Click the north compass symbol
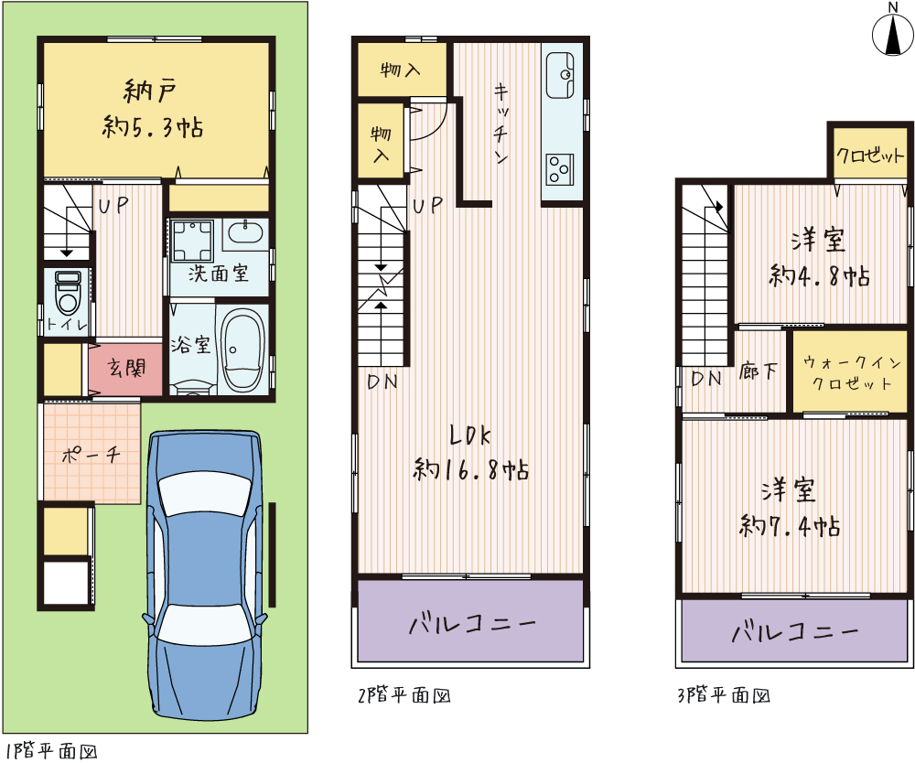click(x=893, y=34)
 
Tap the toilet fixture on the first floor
click(x=69, y=294)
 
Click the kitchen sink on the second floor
click(x=560, y=75)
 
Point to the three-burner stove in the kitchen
click(x=560, y=169)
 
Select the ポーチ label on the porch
click(x=91, y=455)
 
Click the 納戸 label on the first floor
click(x=150, y=91)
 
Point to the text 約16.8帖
click(x=471, y=469)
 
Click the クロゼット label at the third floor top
click(x=869, y=156)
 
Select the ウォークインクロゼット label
click(x=852, y=373)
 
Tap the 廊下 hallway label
click(x=758, y=371)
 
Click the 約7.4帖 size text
click(x=790, y=527)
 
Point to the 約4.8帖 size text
click(x=819, y=276)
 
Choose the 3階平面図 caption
click(x=724, y=695)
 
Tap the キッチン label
click(x=501, y=124)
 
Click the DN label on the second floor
click(x=382, y=382)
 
